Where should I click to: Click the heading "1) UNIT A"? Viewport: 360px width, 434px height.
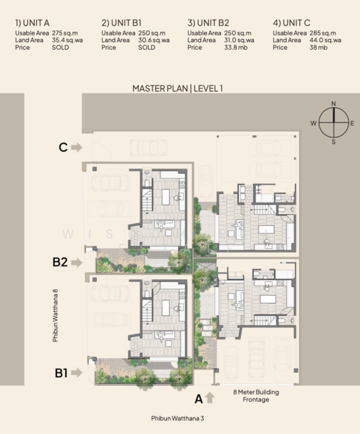32,22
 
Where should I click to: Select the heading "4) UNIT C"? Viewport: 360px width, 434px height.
291,22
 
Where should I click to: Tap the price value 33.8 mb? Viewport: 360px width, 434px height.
236,48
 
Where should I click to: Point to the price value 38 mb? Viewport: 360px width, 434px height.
318,48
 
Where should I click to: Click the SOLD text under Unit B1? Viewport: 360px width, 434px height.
147,48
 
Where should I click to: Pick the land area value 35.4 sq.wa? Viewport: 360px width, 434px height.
67,41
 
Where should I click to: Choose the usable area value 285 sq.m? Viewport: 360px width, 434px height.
323,33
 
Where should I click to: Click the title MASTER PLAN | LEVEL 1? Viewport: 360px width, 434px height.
177,88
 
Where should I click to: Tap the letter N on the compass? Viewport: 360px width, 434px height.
333,103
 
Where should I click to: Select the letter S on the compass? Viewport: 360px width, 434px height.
333,142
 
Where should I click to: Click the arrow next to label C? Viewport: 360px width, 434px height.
77,148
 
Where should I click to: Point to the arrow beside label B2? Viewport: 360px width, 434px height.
77,263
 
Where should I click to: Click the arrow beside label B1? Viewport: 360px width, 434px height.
77,373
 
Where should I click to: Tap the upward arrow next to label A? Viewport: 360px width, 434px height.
210,397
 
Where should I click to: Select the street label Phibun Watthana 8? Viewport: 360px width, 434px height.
56,315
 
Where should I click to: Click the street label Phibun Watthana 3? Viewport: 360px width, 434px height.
177,418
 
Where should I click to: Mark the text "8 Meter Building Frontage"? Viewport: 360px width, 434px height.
256,396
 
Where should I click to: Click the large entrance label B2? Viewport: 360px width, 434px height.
60,262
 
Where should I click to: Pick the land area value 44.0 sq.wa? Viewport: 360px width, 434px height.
325,41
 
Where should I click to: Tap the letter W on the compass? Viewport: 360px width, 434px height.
313,123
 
